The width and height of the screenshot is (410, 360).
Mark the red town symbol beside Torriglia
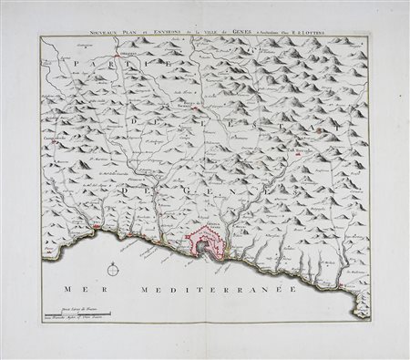coord(299,156)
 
